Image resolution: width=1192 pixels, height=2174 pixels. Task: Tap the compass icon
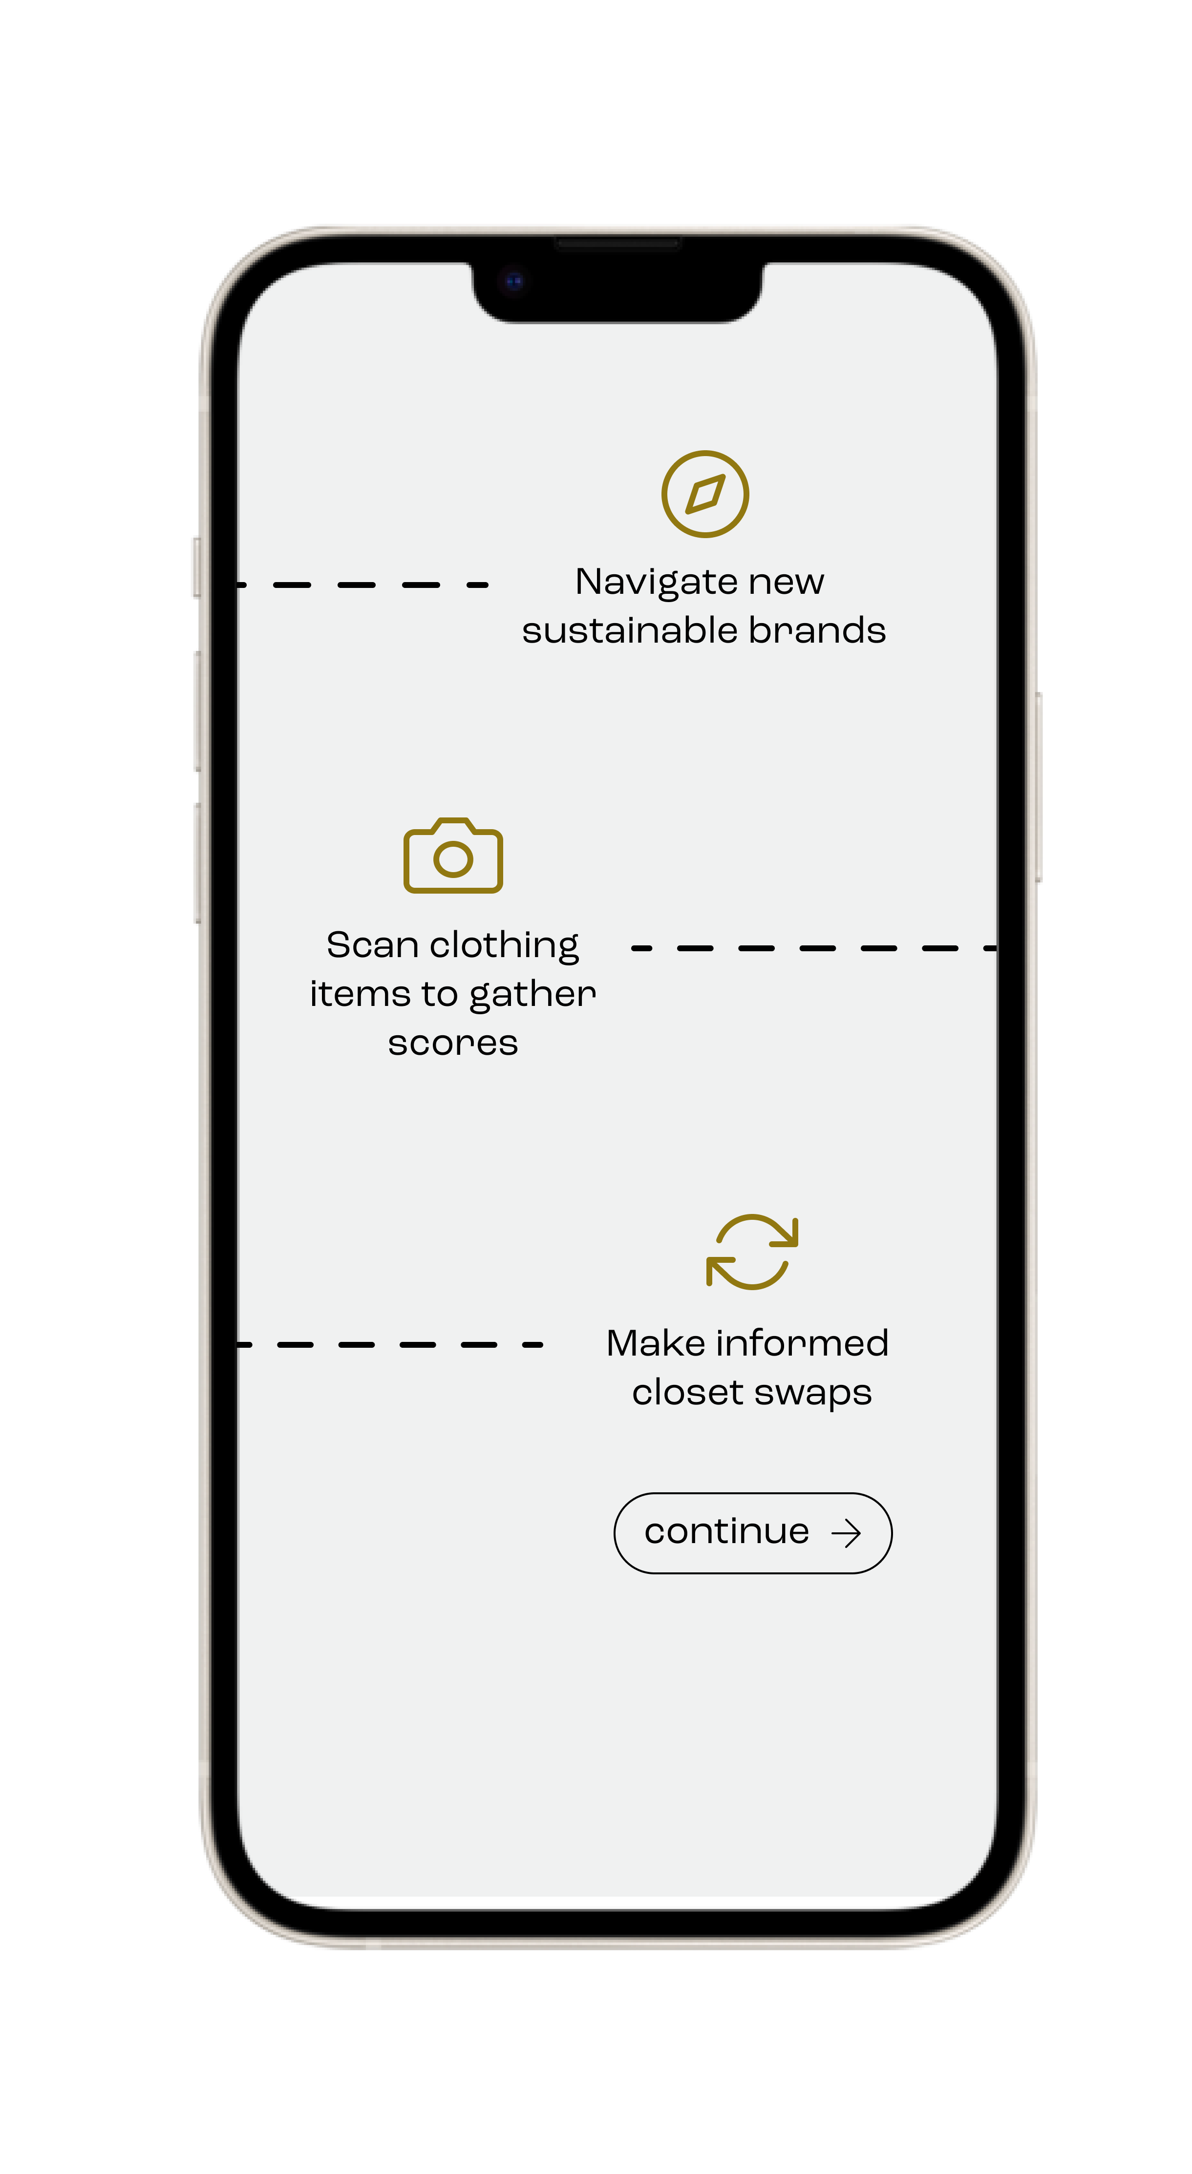click(x=705, y=494)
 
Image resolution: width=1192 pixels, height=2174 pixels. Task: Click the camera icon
click(x=453, y=856)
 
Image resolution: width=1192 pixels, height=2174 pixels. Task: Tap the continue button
click(x=752, y=1533)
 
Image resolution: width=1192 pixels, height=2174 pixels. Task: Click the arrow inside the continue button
click(x=846, y=1533)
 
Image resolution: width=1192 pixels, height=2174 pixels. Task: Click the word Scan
click(x=372, y=945)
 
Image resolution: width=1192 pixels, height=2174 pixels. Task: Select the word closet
click(x=687, y=1393)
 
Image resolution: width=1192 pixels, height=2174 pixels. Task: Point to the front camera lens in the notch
click(x=514, y=281)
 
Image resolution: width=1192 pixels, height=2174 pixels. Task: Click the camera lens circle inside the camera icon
click(x=453, y=859)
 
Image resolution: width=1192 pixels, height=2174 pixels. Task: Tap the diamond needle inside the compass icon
click(x=705, y=494)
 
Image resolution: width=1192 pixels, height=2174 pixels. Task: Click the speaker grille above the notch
click(x=617, y=244)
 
